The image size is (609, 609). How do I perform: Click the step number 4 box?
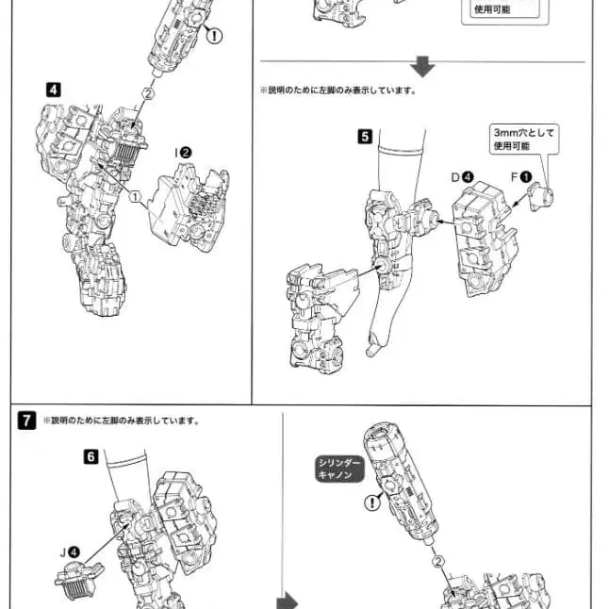53,90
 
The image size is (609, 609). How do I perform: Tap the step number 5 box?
364,136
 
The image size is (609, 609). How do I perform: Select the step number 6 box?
91,456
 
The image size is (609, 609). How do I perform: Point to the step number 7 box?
27,420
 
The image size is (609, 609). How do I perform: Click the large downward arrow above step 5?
422,66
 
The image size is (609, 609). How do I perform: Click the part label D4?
461,176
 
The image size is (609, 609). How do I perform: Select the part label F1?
520,176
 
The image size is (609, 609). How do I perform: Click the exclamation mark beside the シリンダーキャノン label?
374,503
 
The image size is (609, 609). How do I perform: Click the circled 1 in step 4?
136,198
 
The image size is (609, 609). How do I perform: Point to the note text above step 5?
337,91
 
